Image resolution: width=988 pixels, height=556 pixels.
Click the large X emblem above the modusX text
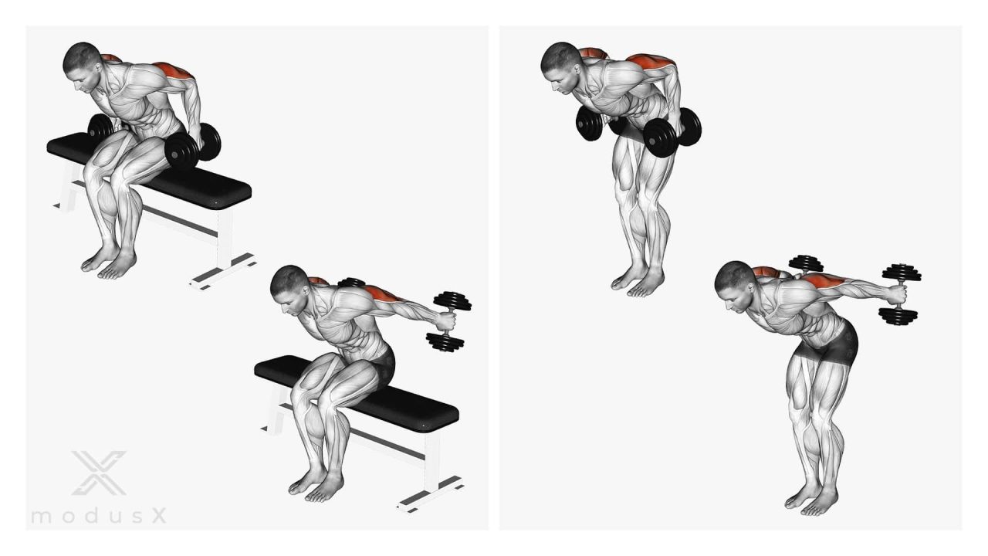point(100,473)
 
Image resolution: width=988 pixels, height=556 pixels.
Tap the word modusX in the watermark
point(99,516)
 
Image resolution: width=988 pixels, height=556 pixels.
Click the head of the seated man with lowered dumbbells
point(83,66)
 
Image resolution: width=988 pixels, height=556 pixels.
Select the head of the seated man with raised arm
point(289,289)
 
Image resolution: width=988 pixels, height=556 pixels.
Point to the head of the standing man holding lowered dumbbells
point(561,67)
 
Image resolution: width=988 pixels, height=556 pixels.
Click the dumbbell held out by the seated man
point(448,321)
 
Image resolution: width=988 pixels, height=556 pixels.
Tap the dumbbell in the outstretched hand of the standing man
point(900,294)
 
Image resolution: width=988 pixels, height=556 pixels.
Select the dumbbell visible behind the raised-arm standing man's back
point(805,264)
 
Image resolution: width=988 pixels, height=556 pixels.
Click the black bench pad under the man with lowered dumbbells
point(150,171)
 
